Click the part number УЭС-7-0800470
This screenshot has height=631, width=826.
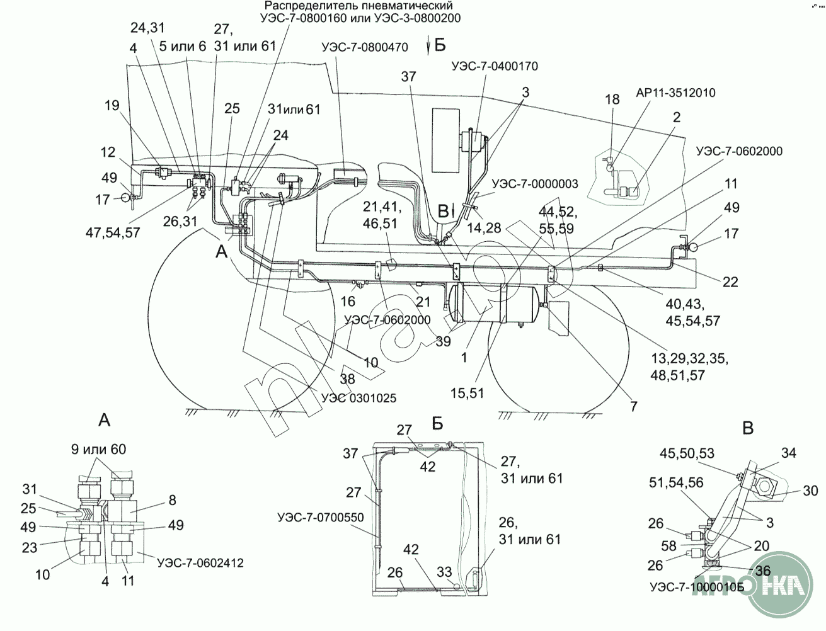(x=364, y=47)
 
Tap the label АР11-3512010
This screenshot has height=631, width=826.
(x=675, y=93)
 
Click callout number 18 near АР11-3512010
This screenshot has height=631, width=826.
(x=612, y=99)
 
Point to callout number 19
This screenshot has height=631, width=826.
(x=112, y=105)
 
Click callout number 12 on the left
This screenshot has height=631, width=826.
(x=108, y=152)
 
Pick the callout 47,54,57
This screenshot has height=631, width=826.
(x=112, y=232)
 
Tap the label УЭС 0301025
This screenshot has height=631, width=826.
(x=359, y=398)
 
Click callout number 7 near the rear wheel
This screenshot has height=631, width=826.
(x=633, y=407)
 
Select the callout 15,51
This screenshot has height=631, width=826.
(x=466, y=393)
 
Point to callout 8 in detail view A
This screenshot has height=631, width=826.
(x=173, y=500)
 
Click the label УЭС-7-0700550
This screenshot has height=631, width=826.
(x=320, y=518)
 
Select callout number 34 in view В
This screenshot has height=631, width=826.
(x=789, y=453)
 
